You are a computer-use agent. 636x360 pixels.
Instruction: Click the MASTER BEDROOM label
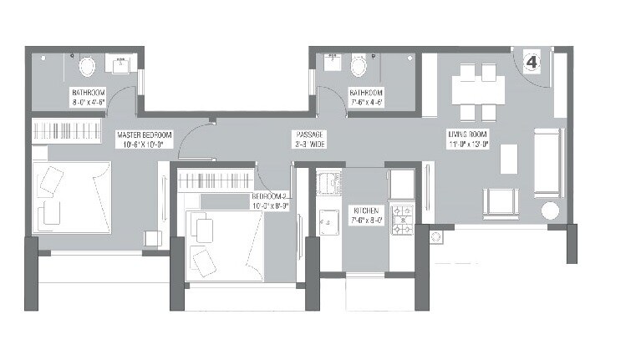click(x=145, y=134)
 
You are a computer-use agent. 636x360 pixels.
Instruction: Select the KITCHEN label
click(x=366, y=210)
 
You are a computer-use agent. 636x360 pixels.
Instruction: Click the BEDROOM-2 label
click(x=269, y=198)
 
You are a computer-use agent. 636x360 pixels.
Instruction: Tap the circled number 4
click(x=532, y=62)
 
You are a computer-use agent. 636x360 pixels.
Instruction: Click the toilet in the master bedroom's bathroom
click(x=86, y=66)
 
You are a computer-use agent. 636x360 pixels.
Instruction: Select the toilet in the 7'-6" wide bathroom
click(x=360, y=65)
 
